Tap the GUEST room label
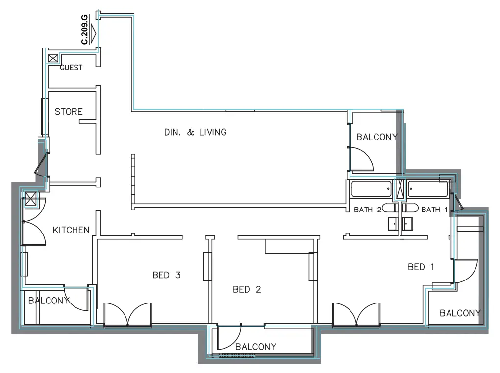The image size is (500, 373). click(71, 68)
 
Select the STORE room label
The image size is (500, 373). click(69, 112)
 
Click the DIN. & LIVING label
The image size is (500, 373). click(195, 132)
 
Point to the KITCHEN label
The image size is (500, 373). click(71, 230)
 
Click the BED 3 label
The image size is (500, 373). click(167, 275)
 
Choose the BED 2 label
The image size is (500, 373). click(247, 290)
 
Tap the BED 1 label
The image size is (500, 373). click(421, 267)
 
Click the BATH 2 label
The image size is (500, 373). click(368, 210)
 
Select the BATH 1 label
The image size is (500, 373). click(435, 210)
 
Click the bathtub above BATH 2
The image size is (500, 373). click(372, 189)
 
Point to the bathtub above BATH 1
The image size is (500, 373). click(428, 189)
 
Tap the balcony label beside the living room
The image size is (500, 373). click(376, 137)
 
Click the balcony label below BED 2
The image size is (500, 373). click(255, 347)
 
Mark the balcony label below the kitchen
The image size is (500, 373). click(49, 301)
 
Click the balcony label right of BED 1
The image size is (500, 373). click(460, 313)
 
